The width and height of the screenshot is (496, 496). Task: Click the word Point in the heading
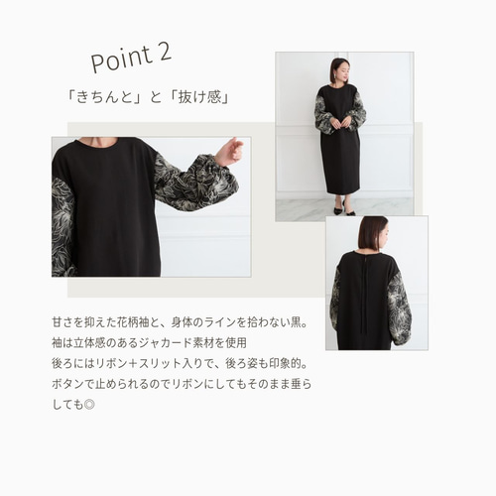121,61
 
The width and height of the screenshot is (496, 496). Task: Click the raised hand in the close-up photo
230,151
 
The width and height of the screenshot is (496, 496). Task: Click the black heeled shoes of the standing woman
344,209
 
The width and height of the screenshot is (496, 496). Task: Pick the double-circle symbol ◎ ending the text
89,405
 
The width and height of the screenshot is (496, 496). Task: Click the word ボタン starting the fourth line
67,384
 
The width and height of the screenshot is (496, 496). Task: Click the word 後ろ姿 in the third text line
241,364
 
